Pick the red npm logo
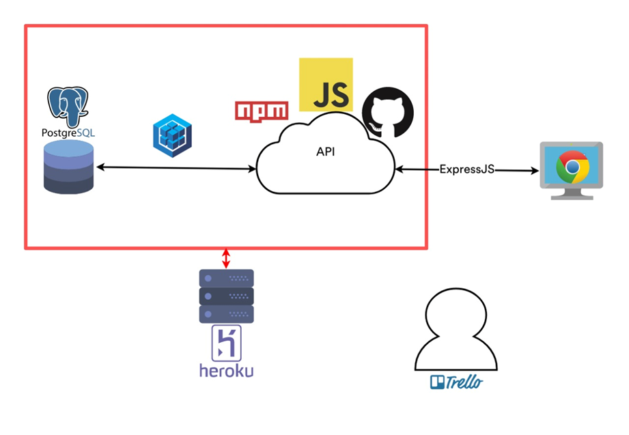(x=261, y=110)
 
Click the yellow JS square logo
(x=326, y=85)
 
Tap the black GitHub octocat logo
(x=387, y=112)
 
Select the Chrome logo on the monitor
(x=572, y=167)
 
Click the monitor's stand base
(x=572, y=196)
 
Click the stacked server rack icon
(x=226, y=296)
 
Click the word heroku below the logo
(x=226, y=371)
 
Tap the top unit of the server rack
(x=226, y=278)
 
